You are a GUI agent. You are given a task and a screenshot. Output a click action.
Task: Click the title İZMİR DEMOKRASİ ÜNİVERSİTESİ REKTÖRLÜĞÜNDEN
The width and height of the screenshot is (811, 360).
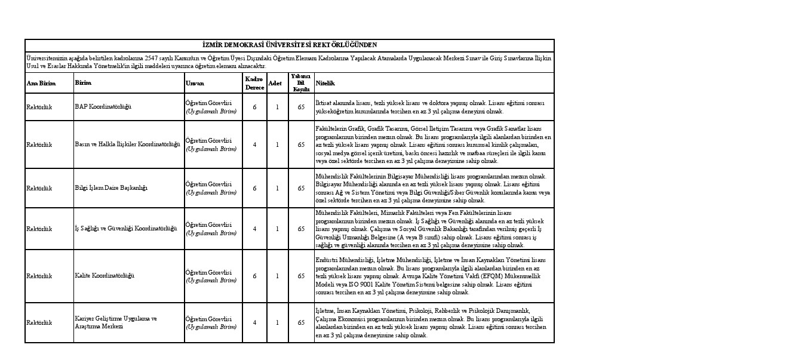pos(290,45)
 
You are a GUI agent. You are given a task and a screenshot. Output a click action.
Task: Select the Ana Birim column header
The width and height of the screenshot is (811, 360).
pos(41,84)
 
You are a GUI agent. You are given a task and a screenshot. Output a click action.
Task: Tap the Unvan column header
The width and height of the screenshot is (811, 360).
pos(195,84)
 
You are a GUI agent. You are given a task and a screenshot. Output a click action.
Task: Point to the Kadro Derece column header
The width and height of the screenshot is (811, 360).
pos(254,84)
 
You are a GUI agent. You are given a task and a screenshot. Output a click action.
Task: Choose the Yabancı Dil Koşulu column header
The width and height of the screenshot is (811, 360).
pos(301,83)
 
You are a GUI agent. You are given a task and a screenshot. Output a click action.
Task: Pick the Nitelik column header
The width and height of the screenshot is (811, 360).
pos(325,84)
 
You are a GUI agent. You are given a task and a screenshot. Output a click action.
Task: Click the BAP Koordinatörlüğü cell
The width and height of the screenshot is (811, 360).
pos(103,107)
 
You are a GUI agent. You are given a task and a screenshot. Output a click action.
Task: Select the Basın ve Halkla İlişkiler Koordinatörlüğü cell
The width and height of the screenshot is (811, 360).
pos(127,144)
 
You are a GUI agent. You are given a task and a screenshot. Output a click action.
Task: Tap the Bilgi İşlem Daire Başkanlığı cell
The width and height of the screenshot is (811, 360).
pos(111,188)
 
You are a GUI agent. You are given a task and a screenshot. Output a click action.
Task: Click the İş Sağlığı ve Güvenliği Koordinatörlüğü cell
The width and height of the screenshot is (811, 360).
pos(126,229)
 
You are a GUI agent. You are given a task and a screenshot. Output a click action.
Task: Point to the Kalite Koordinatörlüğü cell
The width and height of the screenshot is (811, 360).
pos(105,276)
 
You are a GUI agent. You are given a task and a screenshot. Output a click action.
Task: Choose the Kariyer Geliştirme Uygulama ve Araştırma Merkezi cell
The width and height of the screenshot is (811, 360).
pos(116,322)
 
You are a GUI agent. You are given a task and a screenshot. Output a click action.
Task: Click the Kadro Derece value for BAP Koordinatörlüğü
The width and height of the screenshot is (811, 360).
pos(254,107)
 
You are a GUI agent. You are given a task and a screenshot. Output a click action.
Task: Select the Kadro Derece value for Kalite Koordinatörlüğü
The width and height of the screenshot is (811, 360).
pos(254,276)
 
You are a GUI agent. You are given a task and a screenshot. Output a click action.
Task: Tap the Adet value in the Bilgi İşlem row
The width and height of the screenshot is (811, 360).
pos(277,188)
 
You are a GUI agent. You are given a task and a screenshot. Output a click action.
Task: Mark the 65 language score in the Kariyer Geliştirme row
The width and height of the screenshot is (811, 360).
pos(301,323)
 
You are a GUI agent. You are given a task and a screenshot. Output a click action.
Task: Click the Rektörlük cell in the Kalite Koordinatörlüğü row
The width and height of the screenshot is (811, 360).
pos(39,276)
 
